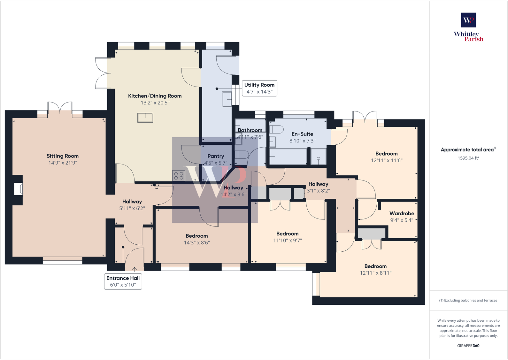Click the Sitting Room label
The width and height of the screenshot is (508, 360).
63,156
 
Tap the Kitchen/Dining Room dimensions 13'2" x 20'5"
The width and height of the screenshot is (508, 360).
155,103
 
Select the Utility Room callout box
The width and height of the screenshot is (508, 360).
259,88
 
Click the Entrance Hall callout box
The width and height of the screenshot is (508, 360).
123,281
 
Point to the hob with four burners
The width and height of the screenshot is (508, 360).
179,176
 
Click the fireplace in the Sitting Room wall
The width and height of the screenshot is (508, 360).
18,189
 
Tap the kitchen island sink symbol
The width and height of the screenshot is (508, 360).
145,118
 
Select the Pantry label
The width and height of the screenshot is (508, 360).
216,156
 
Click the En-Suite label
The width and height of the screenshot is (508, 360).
302,134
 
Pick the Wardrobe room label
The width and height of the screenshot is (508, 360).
402,213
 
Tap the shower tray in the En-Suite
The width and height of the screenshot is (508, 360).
318,157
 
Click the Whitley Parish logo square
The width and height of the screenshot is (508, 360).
468,20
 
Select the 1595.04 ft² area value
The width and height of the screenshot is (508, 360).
468,158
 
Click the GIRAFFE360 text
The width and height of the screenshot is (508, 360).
468,346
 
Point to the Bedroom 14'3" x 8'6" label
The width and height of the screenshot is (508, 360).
197,236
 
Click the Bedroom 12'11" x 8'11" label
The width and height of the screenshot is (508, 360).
375,266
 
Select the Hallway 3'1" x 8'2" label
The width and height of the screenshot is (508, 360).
318,184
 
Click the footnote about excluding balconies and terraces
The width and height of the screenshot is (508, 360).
468,300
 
